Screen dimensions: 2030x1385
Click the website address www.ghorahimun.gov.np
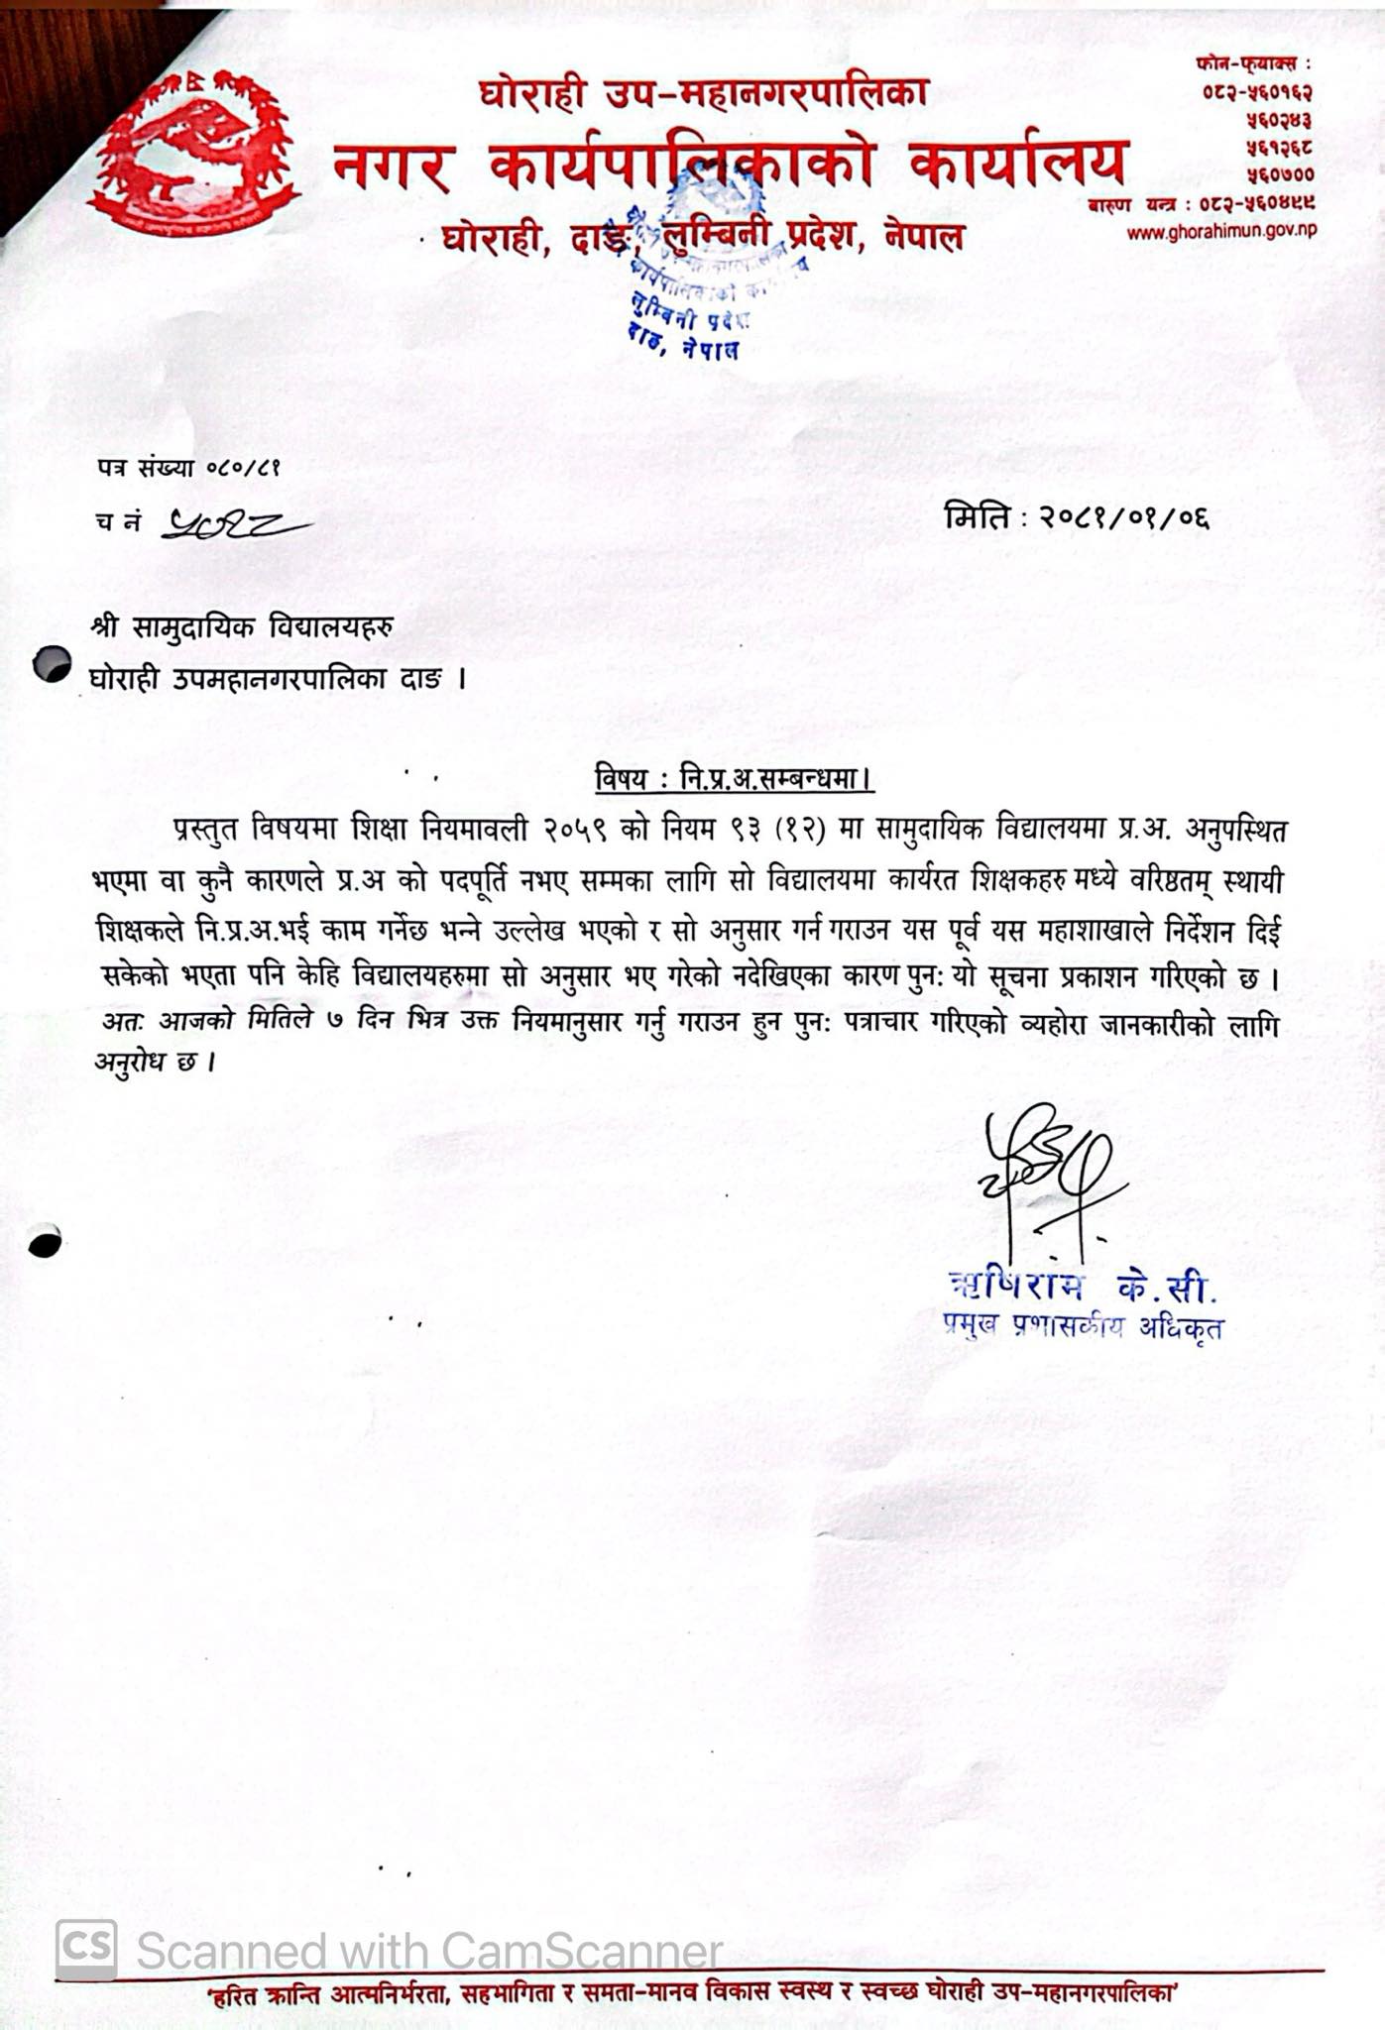tap(1221, 232)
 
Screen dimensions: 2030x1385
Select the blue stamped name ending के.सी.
tap(1082, 1287)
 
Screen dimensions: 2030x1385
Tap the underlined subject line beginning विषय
tap(734, 780)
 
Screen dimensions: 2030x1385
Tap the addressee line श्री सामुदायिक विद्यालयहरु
tap(243, 627)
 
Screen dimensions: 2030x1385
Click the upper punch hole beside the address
tap(51, 664)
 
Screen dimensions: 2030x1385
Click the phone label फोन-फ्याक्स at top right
tap(1253, 63)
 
